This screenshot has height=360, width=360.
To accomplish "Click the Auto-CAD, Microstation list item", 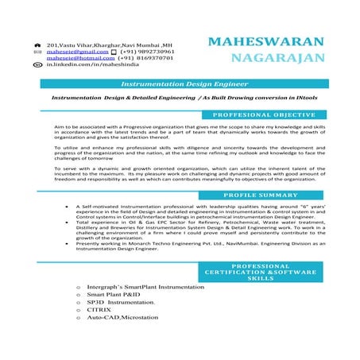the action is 123,318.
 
